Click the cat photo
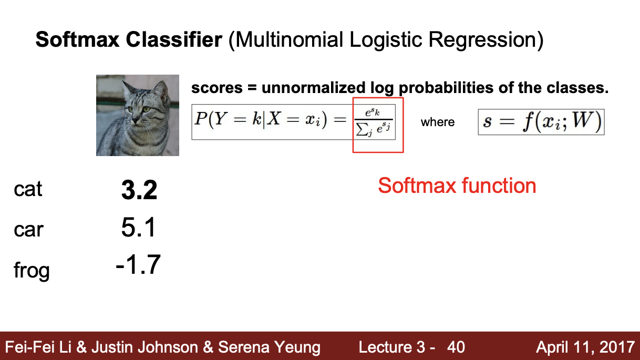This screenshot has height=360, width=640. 138,115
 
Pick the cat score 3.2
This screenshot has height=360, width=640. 139,190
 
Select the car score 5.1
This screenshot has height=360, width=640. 139,229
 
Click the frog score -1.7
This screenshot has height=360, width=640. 138,265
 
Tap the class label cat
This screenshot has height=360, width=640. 28,189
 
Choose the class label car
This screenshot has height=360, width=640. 28,230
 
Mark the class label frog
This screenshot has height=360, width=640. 32,271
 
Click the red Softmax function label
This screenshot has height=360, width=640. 457,186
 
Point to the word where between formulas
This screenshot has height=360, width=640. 437,122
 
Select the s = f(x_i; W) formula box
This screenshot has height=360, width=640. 541,122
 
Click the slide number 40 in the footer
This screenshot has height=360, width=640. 456,347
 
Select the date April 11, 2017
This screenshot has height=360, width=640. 585,347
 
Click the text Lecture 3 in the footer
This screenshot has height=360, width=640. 391,347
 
